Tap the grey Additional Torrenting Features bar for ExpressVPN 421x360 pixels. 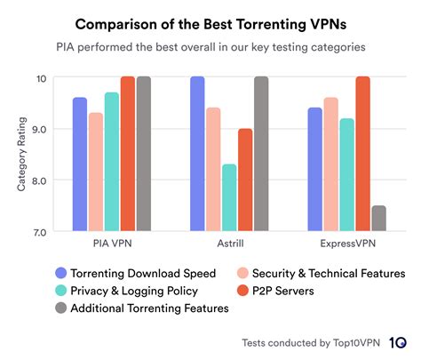point(379,218)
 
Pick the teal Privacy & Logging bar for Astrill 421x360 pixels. point(229,197)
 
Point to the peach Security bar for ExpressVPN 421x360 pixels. point(330,164)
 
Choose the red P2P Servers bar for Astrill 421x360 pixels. point(245,180)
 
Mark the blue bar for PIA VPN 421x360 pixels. point(79,164)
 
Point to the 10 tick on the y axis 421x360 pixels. point(41,78)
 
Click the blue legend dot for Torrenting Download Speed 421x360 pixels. point(60,273)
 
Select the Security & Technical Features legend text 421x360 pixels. point(328,273)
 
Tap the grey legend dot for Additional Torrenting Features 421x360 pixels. point(60,308)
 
